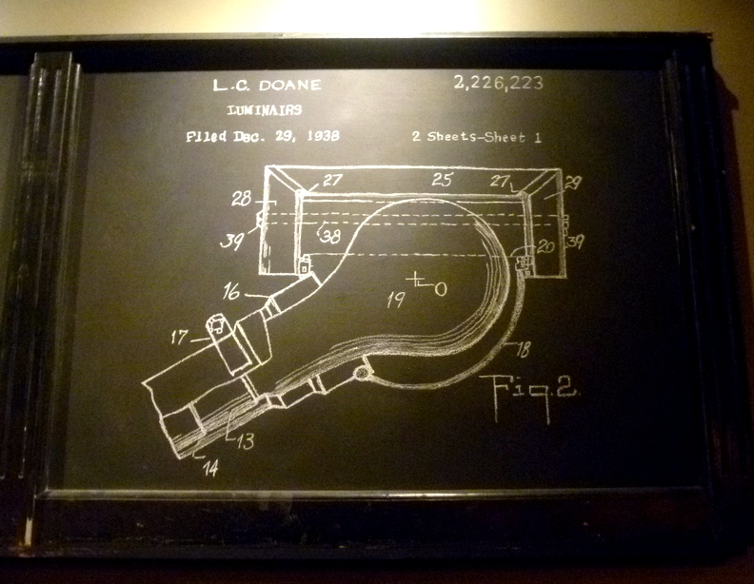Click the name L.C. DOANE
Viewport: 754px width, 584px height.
269,85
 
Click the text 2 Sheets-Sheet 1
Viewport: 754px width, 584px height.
477,137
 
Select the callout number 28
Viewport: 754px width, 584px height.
240,200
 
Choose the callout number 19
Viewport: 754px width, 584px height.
396,301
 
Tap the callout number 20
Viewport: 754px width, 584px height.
544,245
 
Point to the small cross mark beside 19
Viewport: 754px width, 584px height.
417,281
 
